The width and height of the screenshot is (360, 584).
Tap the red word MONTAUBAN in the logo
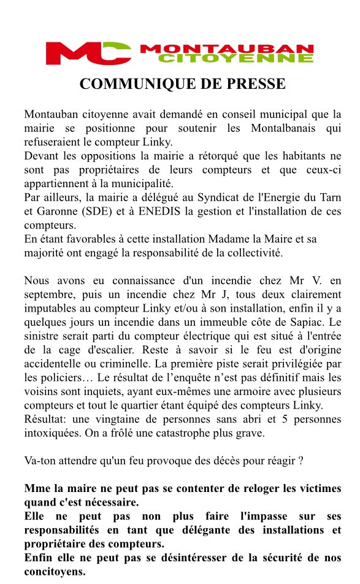coord(227,48)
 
